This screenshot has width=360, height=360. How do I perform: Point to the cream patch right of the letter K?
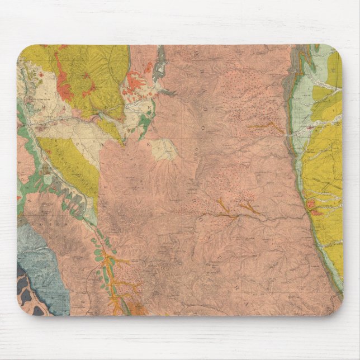(x=165, y=148)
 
